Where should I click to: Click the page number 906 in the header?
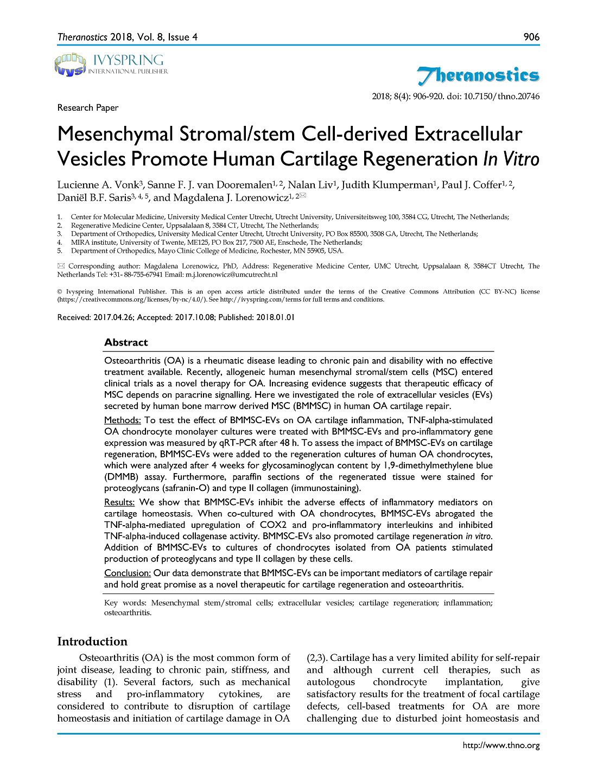[531, 37]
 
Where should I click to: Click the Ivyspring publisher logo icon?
[71, 64]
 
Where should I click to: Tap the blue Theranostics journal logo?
[478, 75]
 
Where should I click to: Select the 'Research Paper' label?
[88, 107]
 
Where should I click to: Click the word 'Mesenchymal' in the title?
[115, 134]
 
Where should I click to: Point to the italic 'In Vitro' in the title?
[511, 159]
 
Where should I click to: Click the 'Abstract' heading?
[126, 342]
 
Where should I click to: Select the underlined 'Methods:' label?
[122, 420]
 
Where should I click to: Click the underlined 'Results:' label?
[119, 502]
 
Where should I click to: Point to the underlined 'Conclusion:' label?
[127, 573]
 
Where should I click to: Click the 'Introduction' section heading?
[92, 641]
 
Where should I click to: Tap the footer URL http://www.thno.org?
[501, 745]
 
